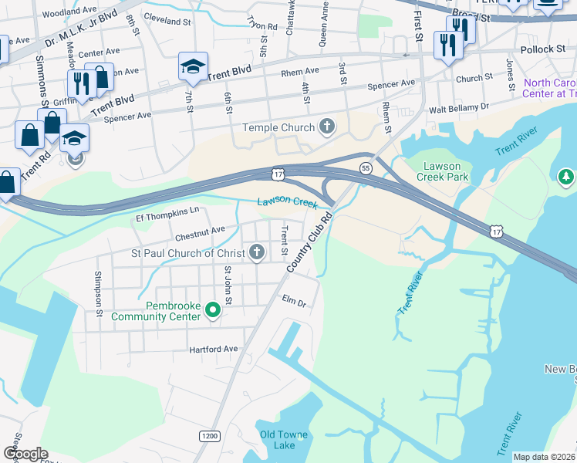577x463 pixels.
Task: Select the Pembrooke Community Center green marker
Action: click(x=213, y=310)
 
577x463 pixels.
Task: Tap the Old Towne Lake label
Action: click(x=283, y=440)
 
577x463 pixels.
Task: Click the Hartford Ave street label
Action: click(x=214, y=350)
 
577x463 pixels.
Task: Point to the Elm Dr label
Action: click(x=294, y=301)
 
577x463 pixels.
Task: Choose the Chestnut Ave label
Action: click(x=200, y=229)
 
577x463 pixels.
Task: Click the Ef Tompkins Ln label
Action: click(x=167, y=210)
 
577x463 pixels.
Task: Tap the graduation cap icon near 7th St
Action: click(x=193, y=66)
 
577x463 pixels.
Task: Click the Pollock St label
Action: click(x=543, y=49)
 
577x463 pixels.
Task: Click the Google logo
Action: click(x=25, y=454)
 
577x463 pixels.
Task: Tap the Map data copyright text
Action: click(x=543, y=457)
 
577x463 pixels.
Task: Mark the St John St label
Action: click(x=228, y=282)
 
